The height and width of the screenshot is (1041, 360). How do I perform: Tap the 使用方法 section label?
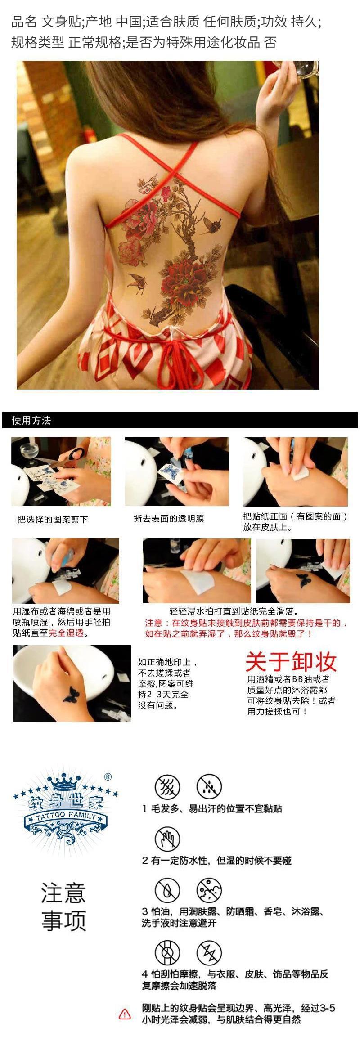click(31, 421)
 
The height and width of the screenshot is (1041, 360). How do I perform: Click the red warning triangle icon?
click(125, 1014)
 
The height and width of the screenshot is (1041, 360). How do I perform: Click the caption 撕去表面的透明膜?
click(169, 519)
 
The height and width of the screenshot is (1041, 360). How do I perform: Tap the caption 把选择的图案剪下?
click(53, 520)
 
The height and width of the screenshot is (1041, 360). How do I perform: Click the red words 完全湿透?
click(66, 633)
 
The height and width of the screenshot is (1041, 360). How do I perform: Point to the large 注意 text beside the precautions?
click(63, 893)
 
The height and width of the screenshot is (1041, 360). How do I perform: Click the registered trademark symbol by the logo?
click(108, 776)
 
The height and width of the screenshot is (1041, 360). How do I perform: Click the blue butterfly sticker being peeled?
click(169, 472)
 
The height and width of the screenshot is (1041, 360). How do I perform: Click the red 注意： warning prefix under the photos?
click(158, 623)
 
